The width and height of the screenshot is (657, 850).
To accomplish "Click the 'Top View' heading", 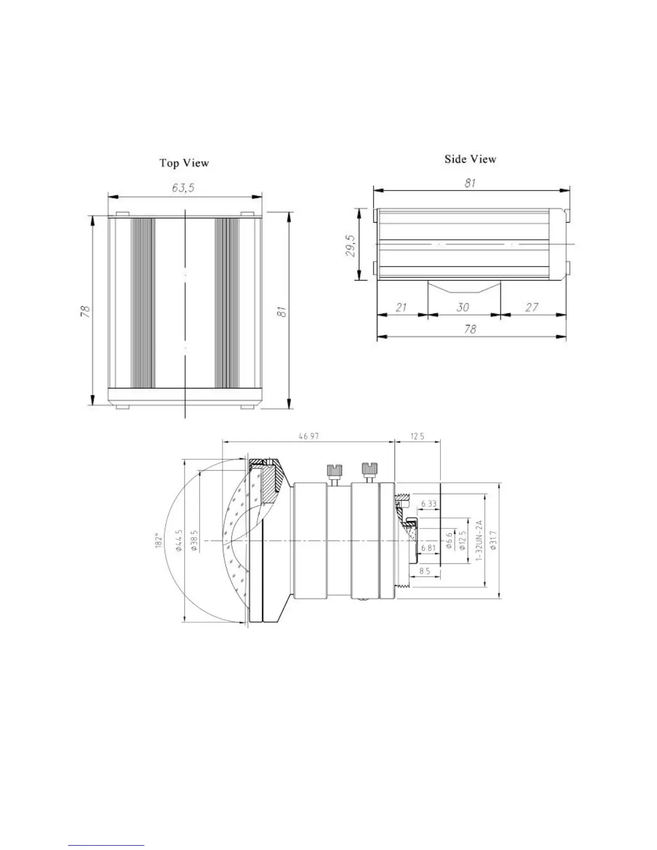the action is (184, 163).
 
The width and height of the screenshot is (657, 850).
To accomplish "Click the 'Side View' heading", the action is (470, 159).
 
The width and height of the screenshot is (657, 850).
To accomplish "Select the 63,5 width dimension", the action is (183, 187).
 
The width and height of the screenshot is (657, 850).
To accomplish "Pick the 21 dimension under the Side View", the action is (401, 307).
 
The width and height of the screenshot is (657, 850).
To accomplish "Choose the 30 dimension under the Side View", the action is (463, 307).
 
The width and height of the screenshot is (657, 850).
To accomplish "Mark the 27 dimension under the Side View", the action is (531, 307).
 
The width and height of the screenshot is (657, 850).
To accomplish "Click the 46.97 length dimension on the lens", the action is (309, 436).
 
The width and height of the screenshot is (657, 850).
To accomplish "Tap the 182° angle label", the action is (157, 540).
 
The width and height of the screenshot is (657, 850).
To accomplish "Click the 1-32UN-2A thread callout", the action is (480, 541).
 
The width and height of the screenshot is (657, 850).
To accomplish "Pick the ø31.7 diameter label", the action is (494, 541).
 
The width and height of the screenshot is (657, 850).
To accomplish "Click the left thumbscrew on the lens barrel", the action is (331, 473).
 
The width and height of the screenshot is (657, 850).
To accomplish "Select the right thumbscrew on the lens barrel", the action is (368, 470).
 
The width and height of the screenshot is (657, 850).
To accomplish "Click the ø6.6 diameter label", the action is (449, 541).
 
